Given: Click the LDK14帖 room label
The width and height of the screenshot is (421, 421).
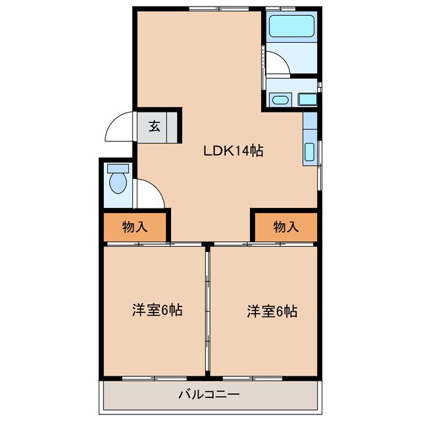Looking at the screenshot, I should [x=233, y=151].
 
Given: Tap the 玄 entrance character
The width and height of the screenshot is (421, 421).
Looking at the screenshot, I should [x=154, y=126].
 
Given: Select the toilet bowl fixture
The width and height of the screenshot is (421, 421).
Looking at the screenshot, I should [x=118, y=184].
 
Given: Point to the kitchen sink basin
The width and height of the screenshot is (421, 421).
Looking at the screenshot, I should [x=310, y=152].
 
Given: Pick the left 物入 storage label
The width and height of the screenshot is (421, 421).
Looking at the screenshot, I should [x=135, y=227].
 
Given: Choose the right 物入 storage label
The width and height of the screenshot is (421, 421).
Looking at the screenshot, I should [x=285, y=227].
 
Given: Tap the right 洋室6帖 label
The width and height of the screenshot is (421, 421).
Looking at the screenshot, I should [x=272, y=310].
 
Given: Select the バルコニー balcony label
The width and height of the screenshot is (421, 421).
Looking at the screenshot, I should [x=209, y=395].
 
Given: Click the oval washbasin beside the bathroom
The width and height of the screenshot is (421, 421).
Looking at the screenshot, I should [x=279, y=101].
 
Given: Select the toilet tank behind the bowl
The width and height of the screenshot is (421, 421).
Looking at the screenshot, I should [x=118, y=168].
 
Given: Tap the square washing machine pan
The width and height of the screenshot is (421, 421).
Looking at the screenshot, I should [x=307, y=99].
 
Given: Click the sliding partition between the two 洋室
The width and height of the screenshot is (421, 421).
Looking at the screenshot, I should [x=208, y=309].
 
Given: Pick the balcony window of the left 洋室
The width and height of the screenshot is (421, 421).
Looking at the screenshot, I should [x=153, y=378].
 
